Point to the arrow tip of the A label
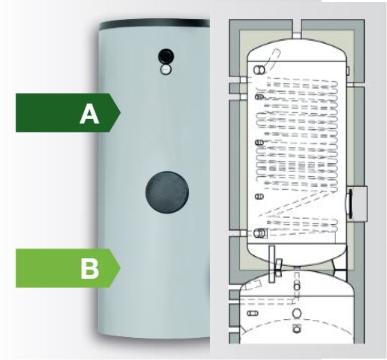coord(119,113)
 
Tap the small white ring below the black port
coord(166,70)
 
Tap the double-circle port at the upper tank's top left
coord(260,70)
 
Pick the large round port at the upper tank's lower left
coord(261,233)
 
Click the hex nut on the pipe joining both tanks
coord(279,267)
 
